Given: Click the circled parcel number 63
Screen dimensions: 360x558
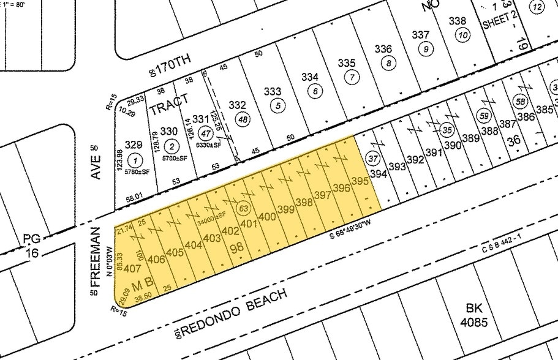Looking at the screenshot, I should (x=244, y=208).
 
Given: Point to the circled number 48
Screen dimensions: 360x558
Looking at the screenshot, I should (x=243, y=120).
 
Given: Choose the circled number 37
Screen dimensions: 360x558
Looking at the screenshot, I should (x=370, y=159).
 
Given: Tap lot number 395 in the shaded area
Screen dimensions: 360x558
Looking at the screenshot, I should (x=360, y=181).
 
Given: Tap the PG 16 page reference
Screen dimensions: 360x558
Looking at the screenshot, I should (x=31, y=243).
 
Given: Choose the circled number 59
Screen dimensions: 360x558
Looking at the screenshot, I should (x=484, y=115).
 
